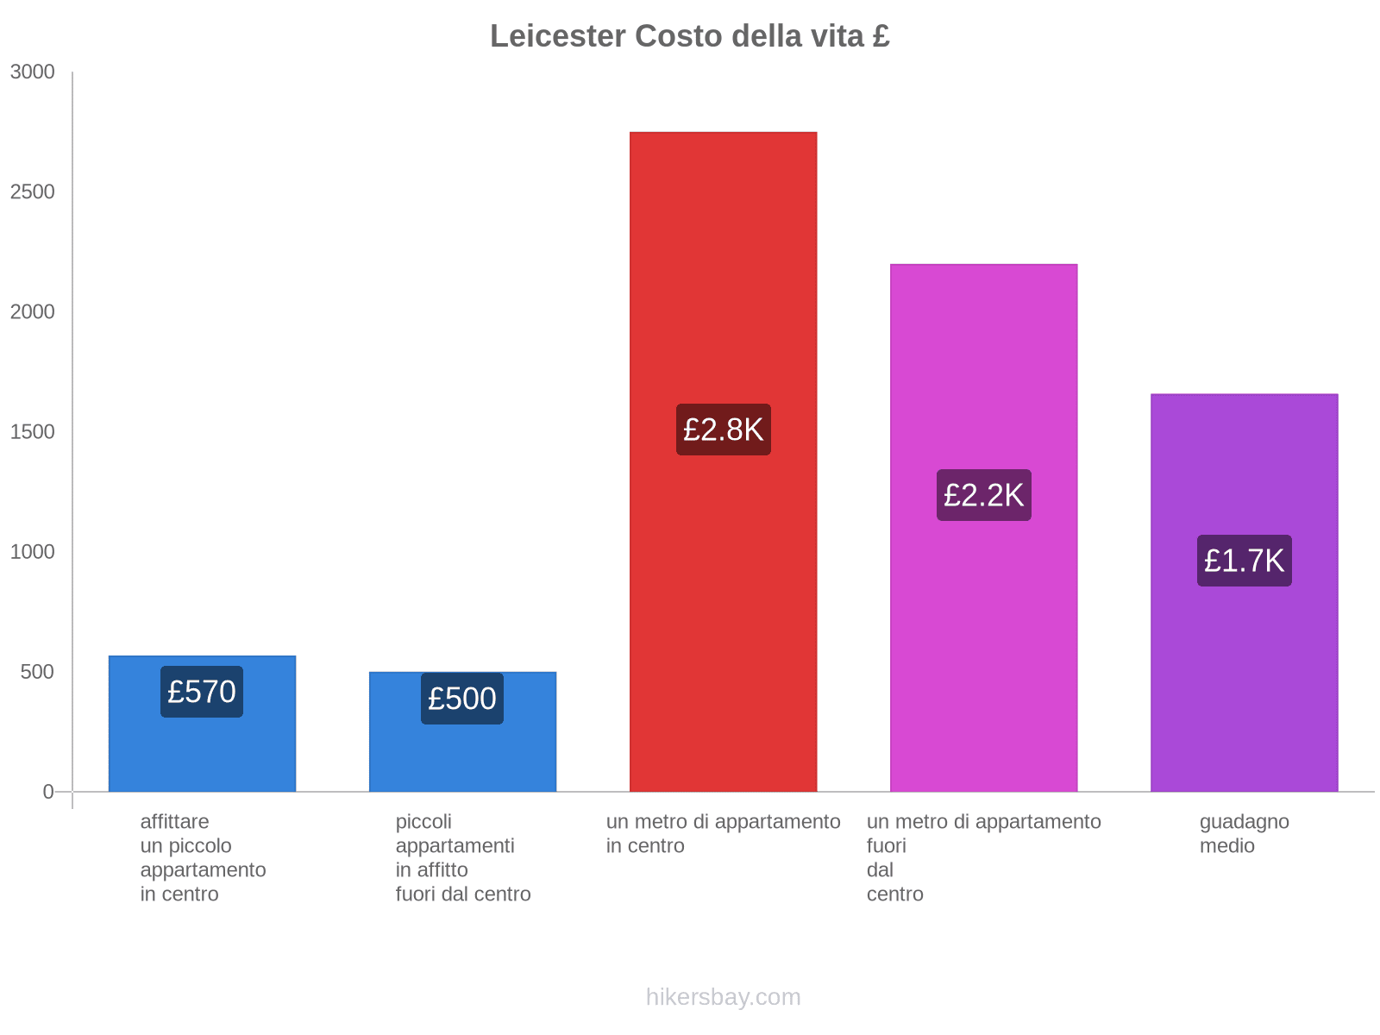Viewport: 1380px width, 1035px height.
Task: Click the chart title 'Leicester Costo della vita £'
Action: (x=690, y=36)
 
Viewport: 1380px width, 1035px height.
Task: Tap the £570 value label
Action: (x=202, y=692)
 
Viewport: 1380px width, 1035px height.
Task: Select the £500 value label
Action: (x=462, y=699)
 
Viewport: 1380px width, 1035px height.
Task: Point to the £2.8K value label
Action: (x=723, y=430)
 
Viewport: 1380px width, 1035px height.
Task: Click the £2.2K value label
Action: (x=983, y=495)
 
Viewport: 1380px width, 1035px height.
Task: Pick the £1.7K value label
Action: (x=1244, y=561)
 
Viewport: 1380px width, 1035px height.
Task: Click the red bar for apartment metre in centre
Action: (x=723, y=259)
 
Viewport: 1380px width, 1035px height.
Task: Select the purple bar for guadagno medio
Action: (x=1244, y=690)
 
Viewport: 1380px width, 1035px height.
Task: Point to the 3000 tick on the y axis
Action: (x=33, y=72)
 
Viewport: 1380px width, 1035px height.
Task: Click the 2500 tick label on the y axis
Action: (x=33, y=192)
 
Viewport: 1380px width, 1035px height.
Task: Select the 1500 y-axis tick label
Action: (x=33, y=432)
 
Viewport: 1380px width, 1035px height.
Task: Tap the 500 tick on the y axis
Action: (x=38, y=672)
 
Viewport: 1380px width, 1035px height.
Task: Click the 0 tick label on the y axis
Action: (x=48, y=792)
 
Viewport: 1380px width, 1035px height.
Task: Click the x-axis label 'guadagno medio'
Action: (x=1244, y=834)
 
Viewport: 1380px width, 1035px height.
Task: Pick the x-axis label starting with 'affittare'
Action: (x=203, y=857)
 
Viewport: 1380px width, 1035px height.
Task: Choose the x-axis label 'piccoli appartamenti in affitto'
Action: (x=463, y=857)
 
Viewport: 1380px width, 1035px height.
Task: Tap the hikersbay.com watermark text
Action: (x=723, y=997)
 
